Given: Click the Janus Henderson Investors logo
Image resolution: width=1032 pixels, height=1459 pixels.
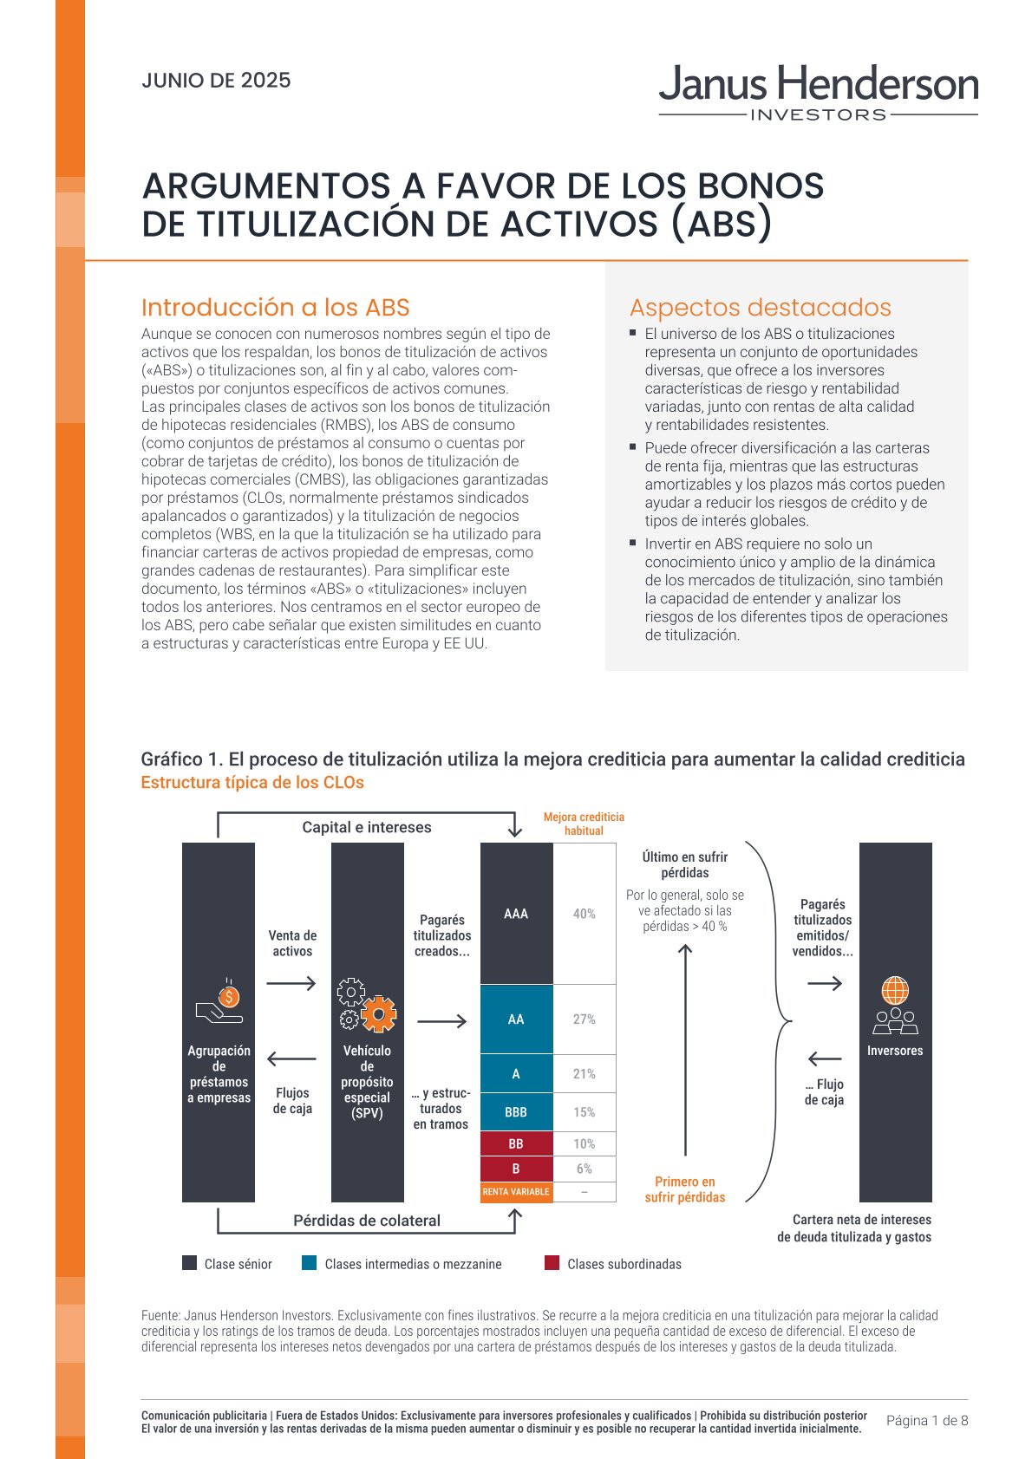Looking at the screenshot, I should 818,92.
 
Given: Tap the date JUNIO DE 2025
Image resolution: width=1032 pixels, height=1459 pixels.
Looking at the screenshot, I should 216,81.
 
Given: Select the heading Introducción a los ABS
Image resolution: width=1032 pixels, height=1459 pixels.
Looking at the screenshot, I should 275,308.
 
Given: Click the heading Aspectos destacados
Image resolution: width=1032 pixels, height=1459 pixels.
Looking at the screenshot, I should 760,308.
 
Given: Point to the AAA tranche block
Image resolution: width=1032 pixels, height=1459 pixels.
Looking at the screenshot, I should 516,914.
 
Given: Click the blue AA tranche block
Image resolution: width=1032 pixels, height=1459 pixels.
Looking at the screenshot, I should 516,1019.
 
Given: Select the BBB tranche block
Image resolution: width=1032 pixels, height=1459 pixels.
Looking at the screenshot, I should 516,1112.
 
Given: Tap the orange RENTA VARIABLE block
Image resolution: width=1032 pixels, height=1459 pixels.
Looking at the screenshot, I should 516,1192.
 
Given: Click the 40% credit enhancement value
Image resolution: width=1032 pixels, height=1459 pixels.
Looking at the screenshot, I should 585,914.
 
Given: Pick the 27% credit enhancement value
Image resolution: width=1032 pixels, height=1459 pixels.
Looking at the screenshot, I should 585,1019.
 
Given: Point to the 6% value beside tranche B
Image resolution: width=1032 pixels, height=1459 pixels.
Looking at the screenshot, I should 585,1169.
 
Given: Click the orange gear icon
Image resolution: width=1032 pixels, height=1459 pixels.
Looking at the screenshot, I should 378,1013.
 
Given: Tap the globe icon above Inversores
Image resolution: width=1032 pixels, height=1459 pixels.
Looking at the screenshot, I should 895,990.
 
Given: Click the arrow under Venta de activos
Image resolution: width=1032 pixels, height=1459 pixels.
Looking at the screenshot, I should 291,983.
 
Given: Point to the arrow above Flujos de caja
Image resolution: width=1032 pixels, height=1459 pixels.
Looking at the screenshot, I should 291,1058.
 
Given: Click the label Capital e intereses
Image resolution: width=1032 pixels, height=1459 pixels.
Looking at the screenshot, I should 366,827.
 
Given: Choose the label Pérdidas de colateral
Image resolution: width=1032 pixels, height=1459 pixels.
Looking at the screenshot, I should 366,1221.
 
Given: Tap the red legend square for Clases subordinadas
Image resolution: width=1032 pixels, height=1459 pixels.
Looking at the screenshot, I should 552,1263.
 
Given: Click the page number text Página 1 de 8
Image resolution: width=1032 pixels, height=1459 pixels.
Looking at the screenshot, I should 926,1421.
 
